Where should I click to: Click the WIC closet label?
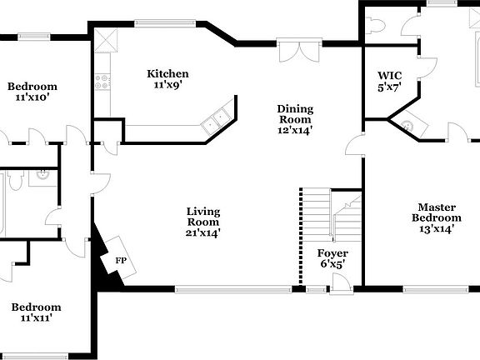click(x=390, y=75)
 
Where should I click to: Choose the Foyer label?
click(x=332, y=253)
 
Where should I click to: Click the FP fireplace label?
click(x=121, y=261)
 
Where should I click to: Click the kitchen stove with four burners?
click(x=103, y=82)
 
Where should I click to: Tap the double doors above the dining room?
click(x=297, y=51)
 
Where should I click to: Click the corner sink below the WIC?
click(x=407, y=126)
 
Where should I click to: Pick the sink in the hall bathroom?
click(x=40, y=176)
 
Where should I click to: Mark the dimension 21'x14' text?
click(x=203, y=233)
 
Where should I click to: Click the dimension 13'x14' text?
click(x=437, y=229)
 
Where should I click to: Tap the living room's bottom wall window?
click(x=232, y=290)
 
